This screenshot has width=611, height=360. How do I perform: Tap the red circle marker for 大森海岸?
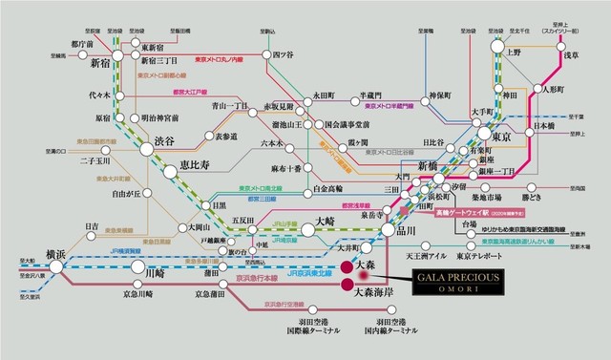tap(346, 285)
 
